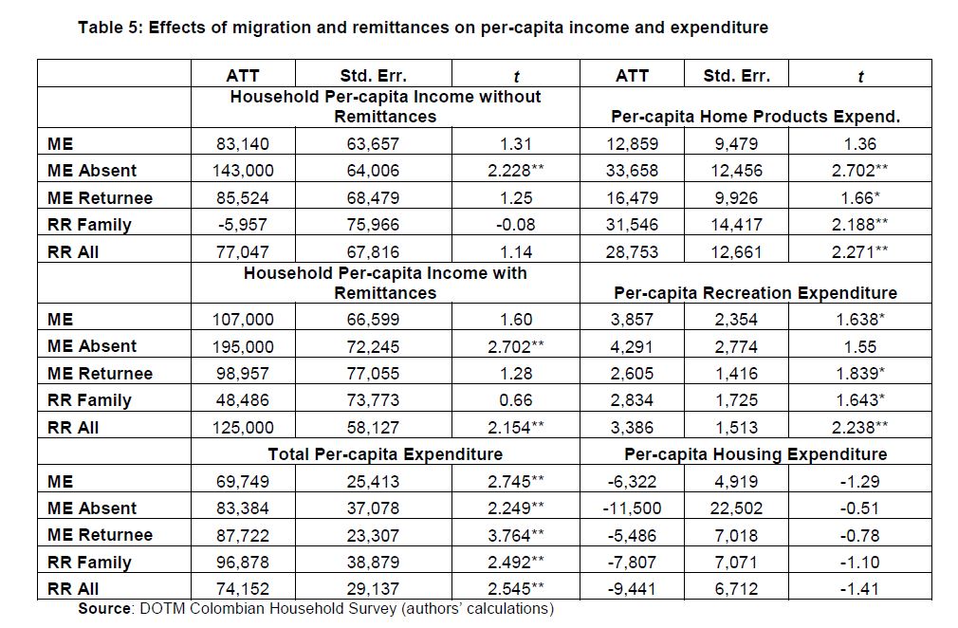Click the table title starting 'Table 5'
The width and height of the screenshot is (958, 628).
coord(422,28)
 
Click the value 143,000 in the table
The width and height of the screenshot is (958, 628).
coord(243,171)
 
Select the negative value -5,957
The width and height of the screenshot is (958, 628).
coord(243,225)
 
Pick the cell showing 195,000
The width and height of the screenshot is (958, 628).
coord(243,346)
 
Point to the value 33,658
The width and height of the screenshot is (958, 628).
coord(632,171)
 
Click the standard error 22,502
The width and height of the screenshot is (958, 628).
coord(736,508)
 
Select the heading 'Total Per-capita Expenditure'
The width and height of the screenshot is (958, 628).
coord(385,454)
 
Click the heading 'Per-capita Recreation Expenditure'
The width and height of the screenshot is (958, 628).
coord(755,293)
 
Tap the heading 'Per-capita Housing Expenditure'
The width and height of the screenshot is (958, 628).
coord(755,454)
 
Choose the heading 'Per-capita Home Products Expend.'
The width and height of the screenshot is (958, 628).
coord(755,117)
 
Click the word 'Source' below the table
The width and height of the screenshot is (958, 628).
coord(104,609)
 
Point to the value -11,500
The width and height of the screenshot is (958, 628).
coord(632,508)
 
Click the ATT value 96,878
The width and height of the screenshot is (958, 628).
coord(243,562)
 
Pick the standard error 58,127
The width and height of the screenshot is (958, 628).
coord(373,428)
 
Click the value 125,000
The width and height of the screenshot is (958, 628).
coord(243,428)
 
